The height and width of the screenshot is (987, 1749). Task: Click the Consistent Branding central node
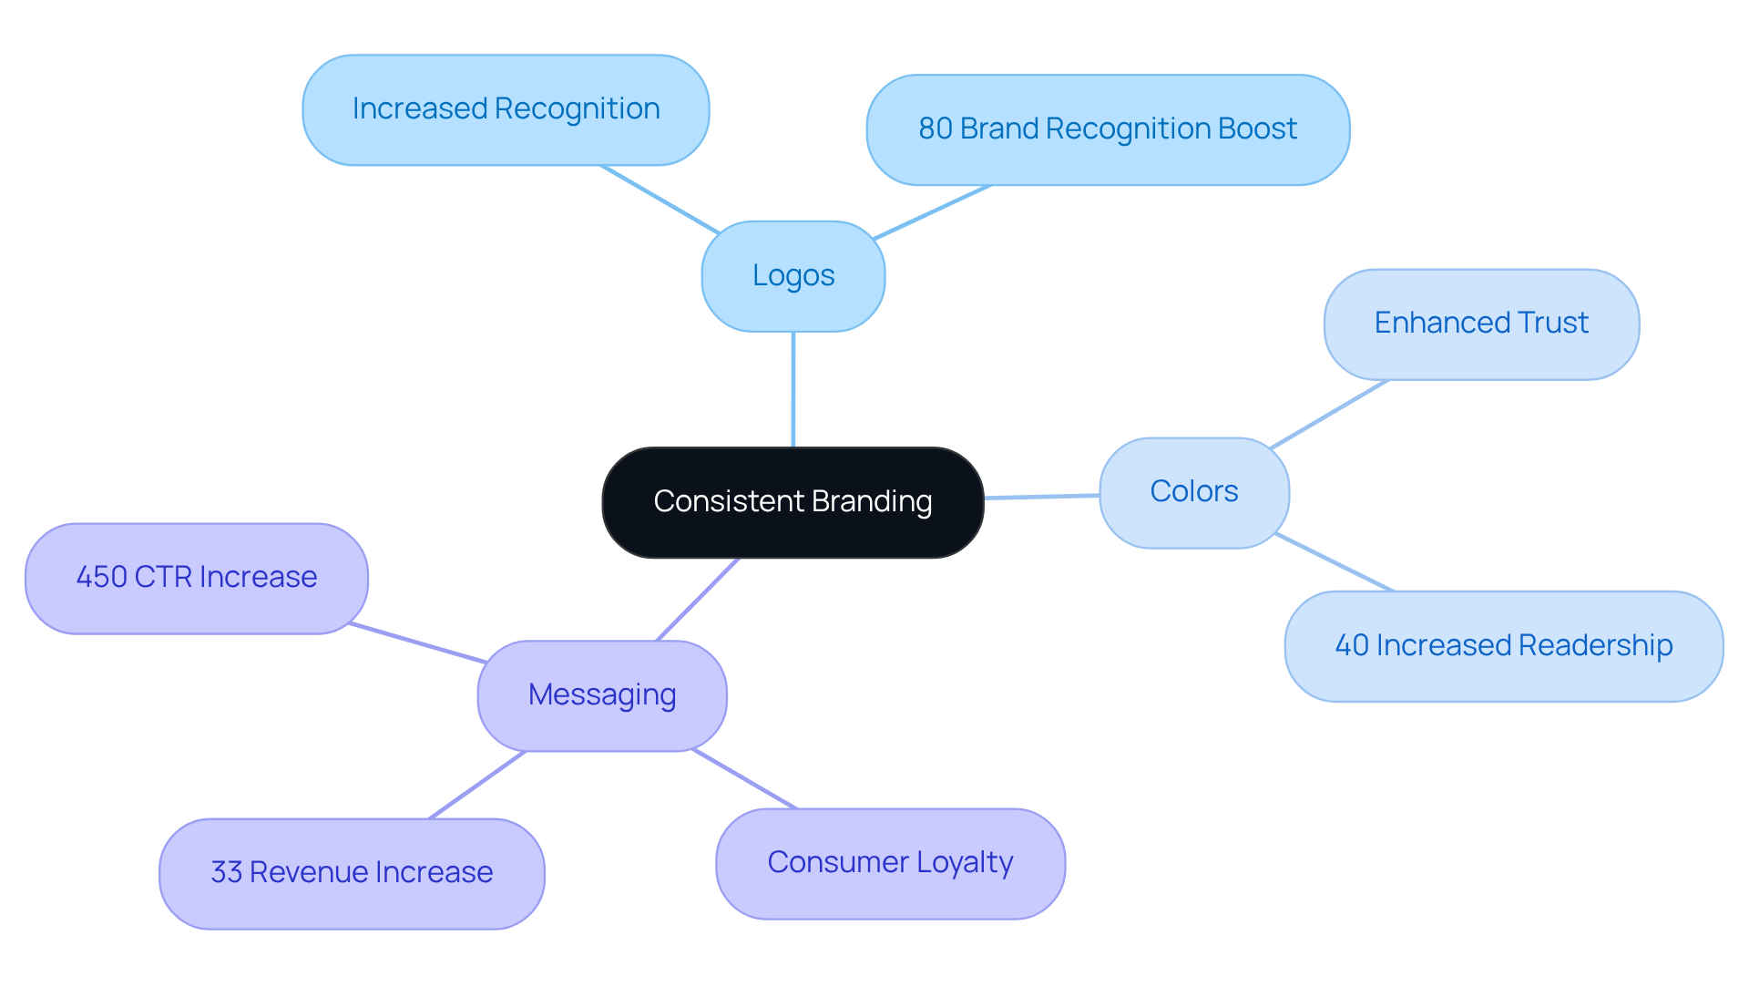pyautogui.click(x=793, y=502)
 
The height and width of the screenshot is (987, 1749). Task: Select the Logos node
pyautogui.click(x=793, y=276)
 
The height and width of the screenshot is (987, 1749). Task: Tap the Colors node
pyautogui.click(x=1193, y=492)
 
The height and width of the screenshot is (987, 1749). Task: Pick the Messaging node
pyautogui.click(x=601, y=695)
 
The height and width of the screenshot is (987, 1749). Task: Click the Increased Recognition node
pyautogui.click(x=506, y=109)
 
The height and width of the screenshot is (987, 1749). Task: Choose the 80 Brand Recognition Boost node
pyautogui.click(x=1107, y=129)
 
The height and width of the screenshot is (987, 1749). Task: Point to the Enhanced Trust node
pyautogui.click(x=1481, y=324)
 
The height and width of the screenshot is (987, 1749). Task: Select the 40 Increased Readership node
pyautogui.click(x=1503, y=646)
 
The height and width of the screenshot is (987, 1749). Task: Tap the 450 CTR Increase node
pyautogui.click(x=196, y=578)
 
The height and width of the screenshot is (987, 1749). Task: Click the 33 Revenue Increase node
pyautogui.click(x=352, y=873)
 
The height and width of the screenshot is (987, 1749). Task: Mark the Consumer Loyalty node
pyautogui.click(x=890, y=863)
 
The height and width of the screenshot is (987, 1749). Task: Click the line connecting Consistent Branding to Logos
pyautogui.click(x=793, y=389)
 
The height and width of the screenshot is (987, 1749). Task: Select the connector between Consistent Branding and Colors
pyautogui.click(x=1041, y=497)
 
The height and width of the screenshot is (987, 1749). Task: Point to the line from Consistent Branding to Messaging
pyautogui.click(x=697, y=599)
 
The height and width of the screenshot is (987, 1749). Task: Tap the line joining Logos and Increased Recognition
pyautogui.click(x=659, y=199)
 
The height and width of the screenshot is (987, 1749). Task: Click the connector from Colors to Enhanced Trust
pyautogui.click(x=1328, y=415)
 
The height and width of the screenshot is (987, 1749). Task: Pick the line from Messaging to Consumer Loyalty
pyautogui.click(x=744, y=779)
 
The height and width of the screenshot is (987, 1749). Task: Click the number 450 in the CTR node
pyautogui.click(x=101, y=578)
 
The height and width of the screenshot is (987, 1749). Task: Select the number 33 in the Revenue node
pyautogui.click(x=226, y=873)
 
